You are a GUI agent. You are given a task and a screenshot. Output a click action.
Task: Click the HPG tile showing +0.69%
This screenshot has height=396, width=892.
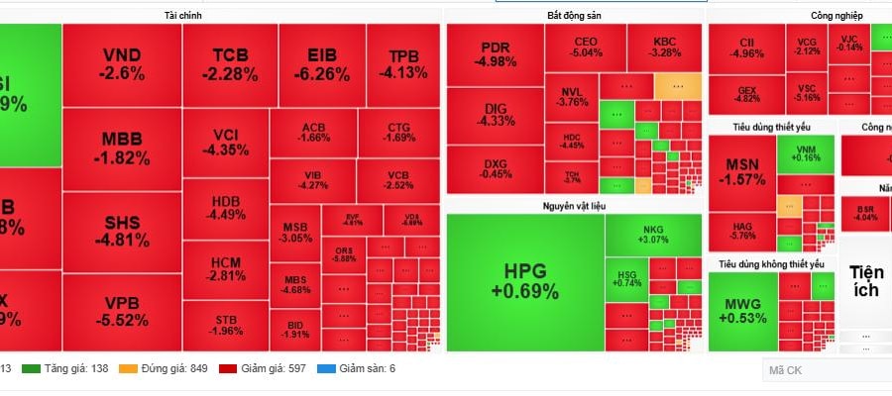click(x=524, y=281)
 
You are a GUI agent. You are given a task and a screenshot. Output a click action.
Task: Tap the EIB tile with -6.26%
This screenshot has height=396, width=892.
click(x=321, y=63)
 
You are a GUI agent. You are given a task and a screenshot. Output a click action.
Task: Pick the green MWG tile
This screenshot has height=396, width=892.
click(x=742, y=310)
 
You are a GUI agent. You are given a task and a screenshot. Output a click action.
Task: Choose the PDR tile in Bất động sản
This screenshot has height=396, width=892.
click(x=495, y=55)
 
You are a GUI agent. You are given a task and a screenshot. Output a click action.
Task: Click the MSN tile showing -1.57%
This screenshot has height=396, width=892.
click(x=741, y=170)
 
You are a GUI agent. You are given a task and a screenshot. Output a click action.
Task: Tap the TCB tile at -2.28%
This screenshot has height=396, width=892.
click(x=235, y=63)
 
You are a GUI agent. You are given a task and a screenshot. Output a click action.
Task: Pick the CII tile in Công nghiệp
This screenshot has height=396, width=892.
click(x=746, y=47)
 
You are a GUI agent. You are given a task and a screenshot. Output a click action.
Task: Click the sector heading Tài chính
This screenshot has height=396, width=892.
click(x=183, y=16)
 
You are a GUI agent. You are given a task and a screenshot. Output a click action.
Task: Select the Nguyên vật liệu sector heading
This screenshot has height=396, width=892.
click(x=574, y=205)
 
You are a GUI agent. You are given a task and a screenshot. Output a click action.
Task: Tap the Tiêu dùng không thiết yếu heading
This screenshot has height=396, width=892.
click(x=771, y=264)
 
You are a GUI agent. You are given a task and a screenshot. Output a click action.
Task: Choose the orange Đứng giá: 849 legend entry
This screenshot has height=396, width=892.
click(x=167, y=368)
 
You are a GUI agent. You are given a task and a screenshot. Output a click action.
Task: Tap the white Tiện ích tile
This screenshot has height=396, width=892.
click(x=865, y=281)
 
